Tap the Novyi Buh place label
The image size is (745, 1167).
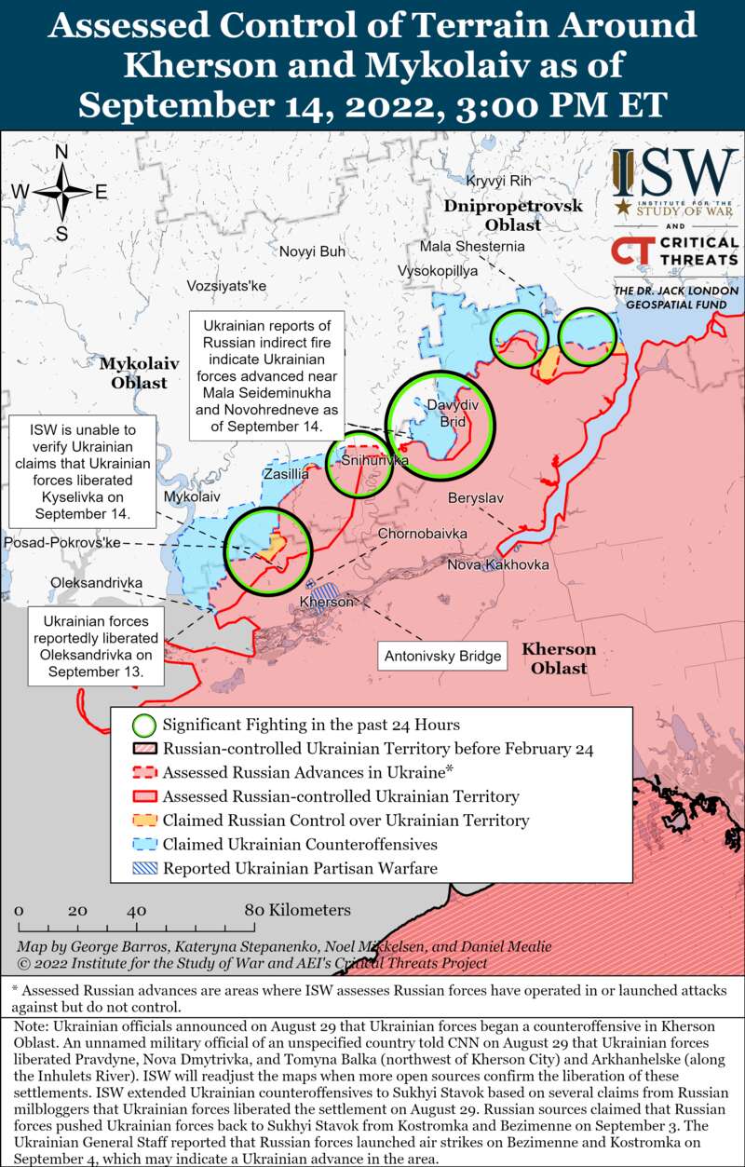coord(312,251)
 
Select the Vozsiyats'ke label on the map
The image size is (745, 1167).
coord(226,286)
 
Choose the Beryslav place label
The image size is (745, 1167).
coord(475,498)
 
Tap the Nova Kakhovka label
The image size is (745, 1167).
coord(498,565)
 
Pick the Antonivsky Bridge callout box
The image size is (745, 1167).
coord(443,657)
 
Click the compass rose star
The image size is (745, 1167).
coord(61,192)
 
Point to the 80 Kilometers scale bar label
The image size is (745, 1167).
coord(297,910)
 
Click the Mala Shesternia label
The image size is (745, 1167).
coord(472,247)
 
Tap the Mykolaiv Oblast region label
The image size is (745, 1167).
coord(133,371)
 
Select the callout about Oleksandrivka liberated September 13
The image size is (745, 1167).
coord(95,645)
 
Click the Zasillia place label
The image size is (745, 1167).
coord(286,474)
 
